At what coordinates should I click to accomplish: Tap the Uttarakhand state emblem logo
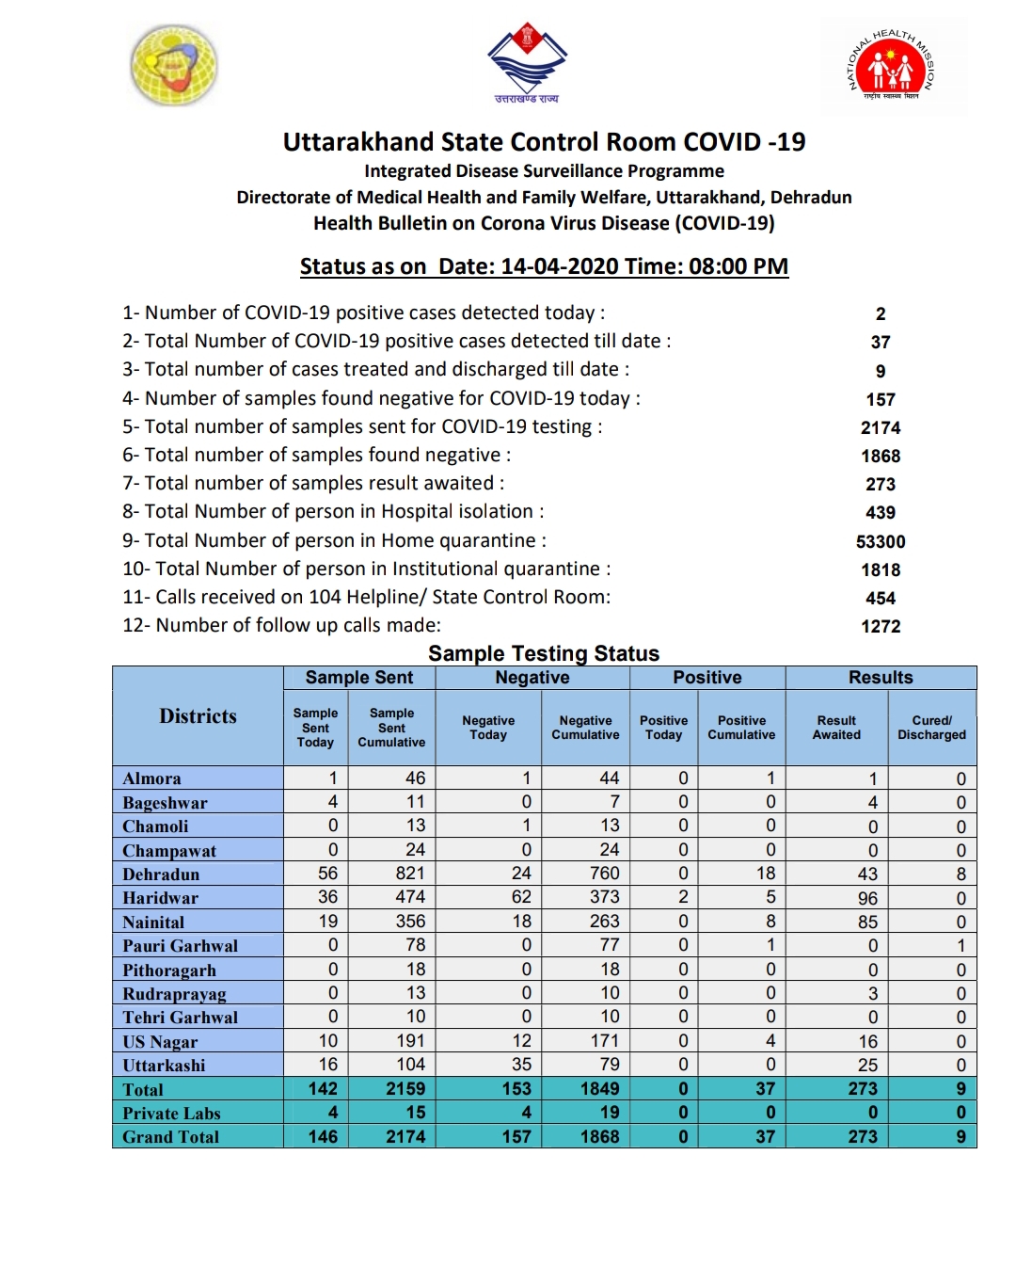click(527, 64)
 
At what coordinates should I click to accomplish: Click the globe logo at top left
click(174, 65)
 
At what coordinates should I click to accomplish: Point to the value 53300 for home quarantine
click(881, 541)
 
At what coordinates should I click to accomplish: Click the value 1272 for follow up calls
click(881, 626)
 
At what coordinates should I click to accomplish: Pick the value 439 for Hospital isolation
click(881, 512)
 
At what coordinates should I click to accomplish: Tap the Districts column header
click(198, 716)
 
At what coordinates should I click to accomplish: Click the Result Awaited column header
click(836, 728)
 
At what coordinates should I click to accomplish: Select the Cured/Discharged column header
click(931, 728)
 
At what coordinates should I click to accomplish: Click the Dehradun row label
click(161, 874)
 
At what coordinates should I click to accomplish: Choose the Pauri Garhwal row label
click(180, 946)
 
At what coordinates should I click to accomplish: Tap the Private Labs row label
click(171, 1114)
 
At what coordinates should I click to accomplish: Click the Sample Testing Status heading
click(544, 653)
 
